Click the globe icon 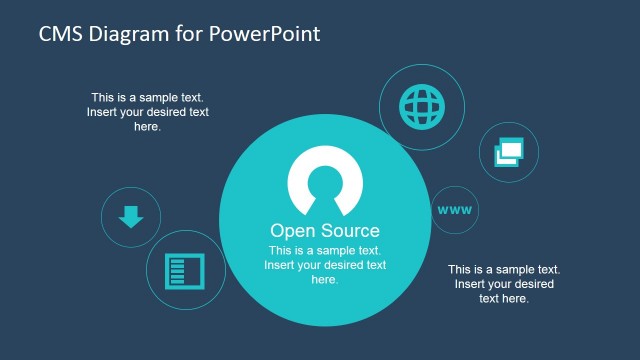[x=419, y=104]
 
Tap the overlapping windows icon [x=509, y=153]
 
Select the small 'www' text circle [x=454, y=210]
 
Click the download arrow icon [x=131, y=216]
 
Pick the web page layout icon [x=184, y=270]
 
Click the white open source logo [x=325, y=181]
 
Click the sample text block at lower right [x=503, y=284]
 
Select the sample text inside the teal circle [x=325, y=265]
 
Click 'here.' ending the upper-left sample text [x=147, y=127]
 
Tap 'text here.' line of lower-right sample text [x=503, y=298]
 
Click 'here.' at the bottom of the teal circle [x=325, y=280]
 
